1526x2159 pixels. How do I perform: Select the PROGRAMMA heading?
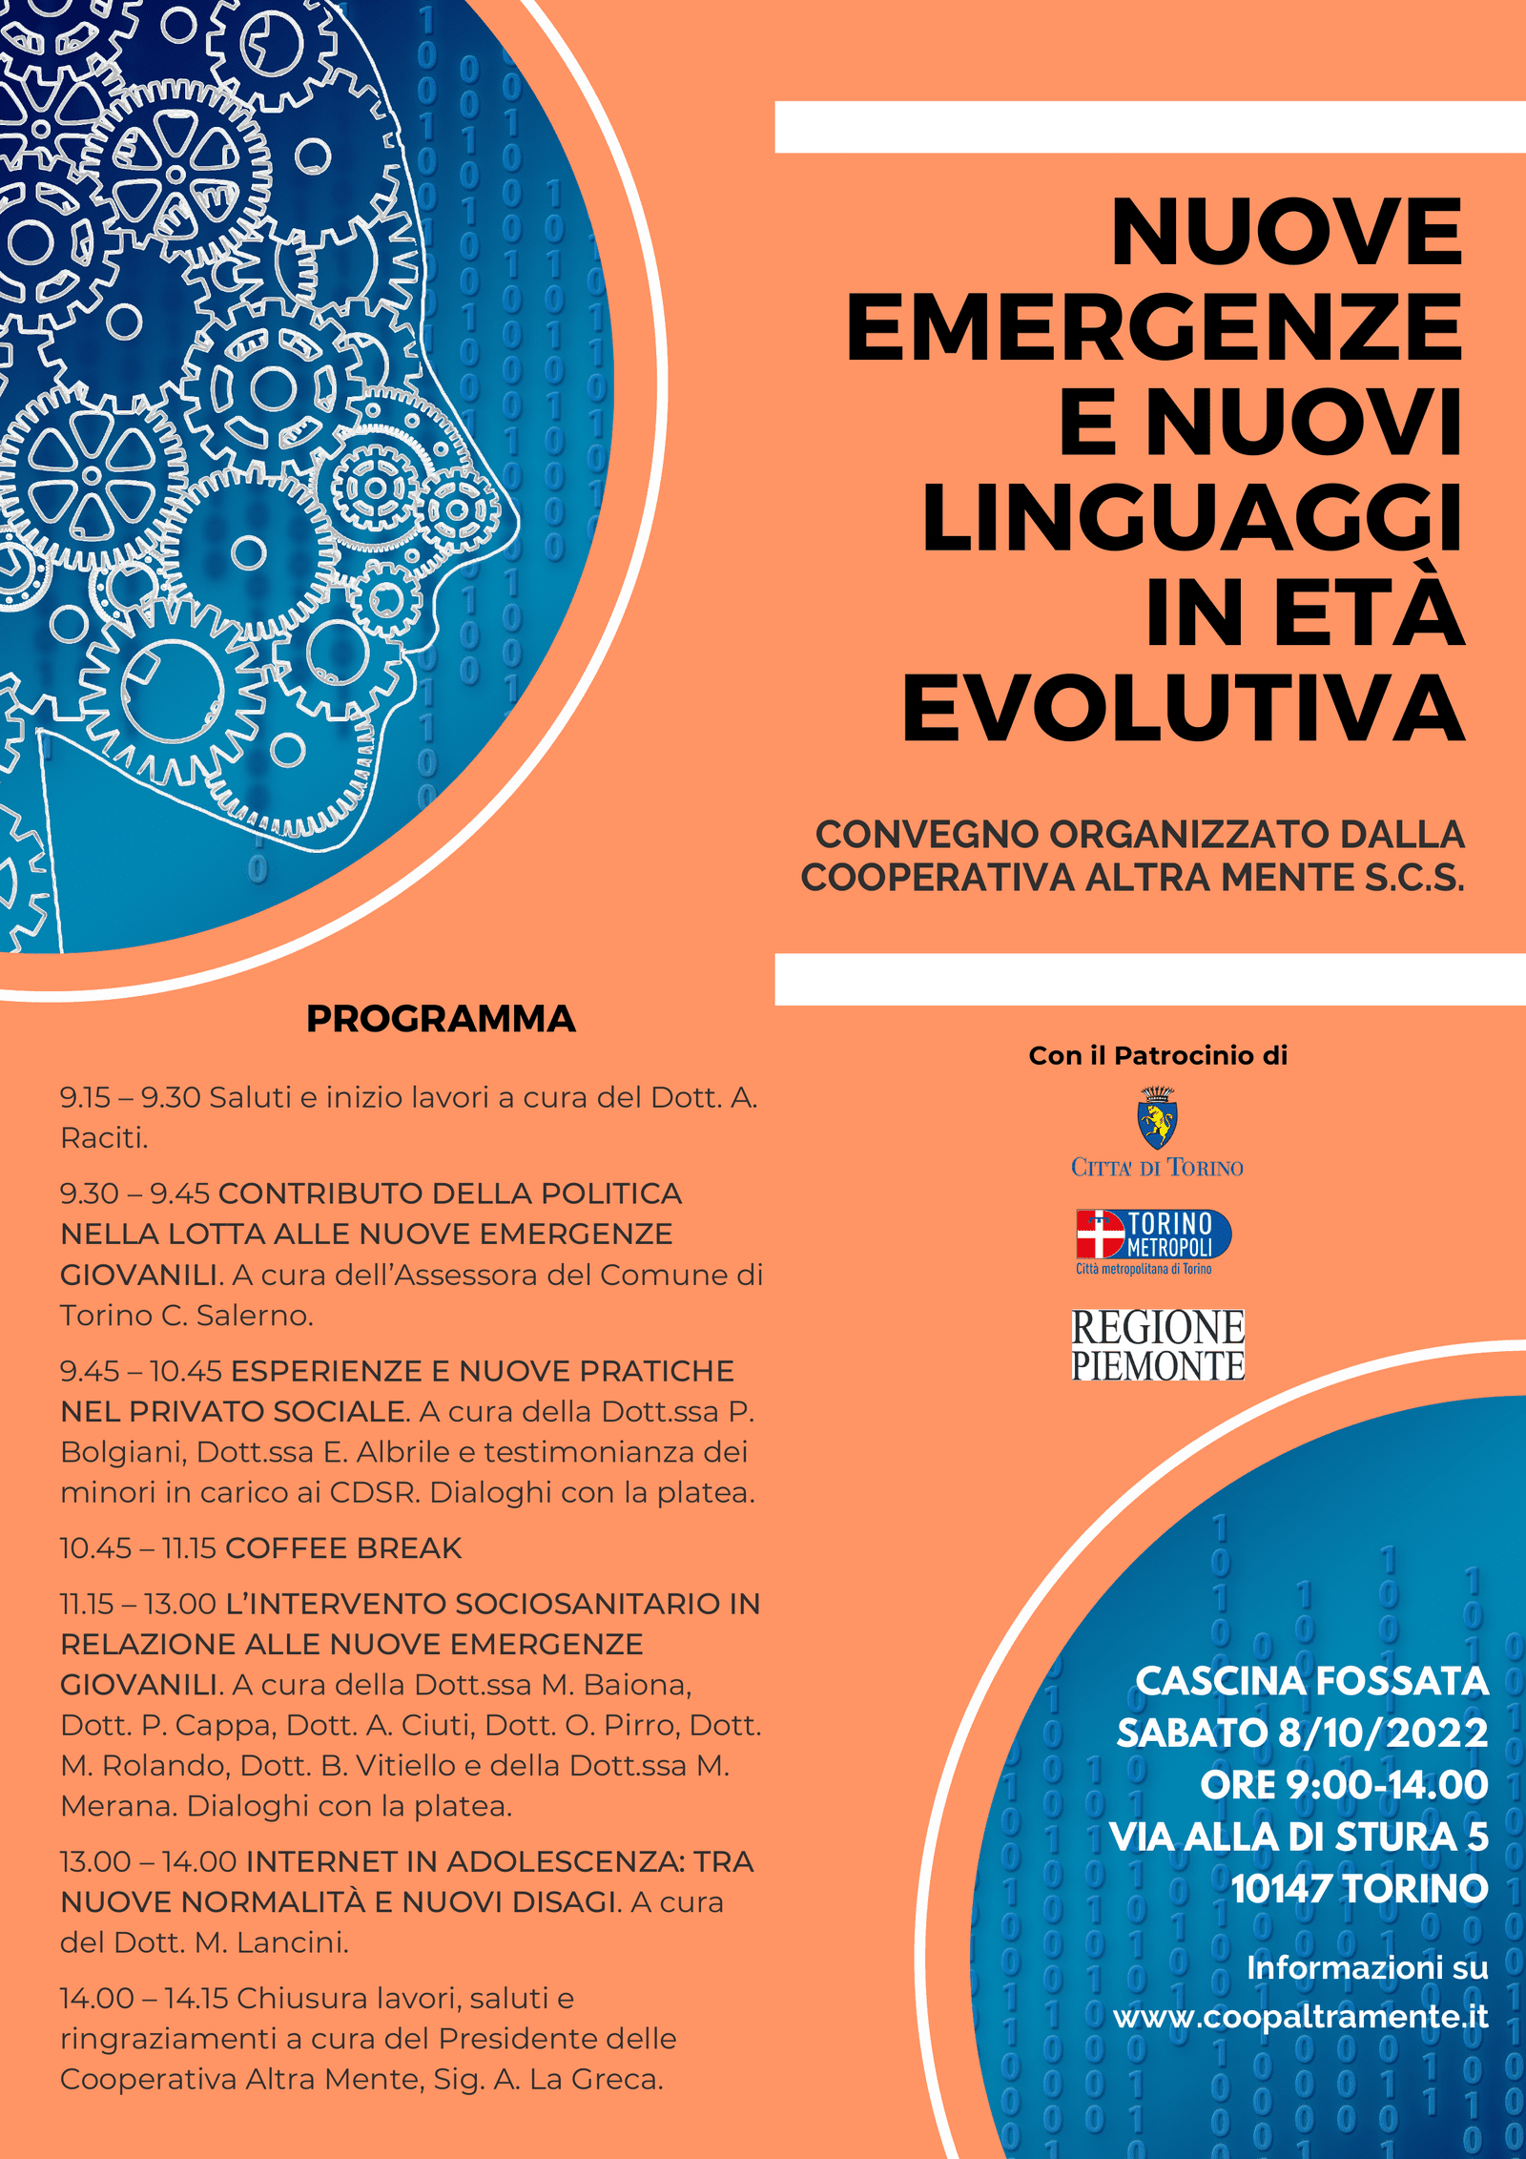point(441,1019)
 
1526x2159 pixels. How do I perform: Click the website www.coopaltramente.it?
point(1300,2016)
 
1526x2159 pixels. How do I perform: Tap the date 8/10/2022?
point(1383,1733)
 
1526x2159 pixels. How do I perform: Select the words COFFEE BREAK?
point(343,1547)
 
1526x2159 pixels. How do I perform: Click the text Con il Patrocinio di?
point(1158,1055)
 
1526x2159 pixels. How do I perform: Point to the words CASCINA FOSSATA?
point(1311,1681)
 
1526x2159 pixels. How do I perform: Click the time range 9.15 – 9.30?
point(131,1097)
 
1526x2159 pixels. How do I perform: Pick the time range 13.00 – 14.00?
point(148,1861)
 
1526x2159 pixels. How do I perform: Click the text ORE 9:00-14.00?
point(1344,1785)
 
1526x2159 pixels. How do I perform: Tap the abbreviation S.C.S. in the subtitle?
point(1413,878)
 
